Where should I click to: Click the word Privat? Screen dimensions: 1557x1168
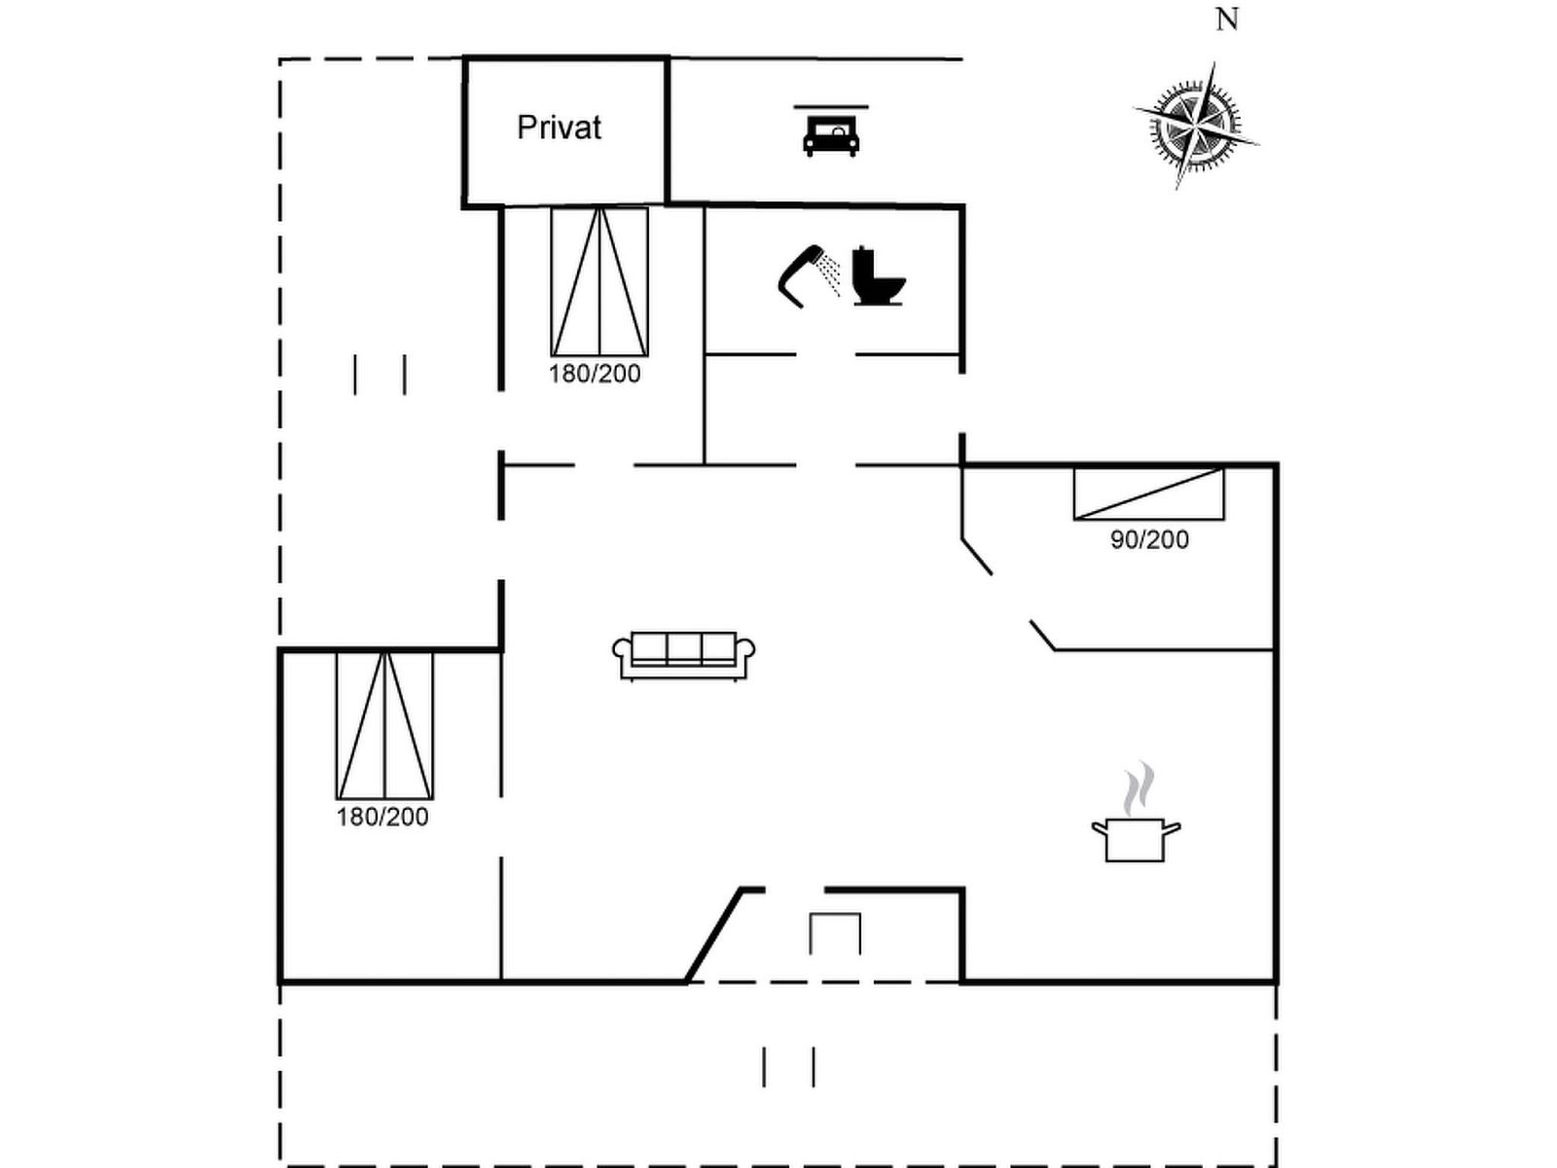tap(559, 128)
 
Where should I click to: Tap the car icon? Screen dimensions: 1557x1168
tap(831, 137)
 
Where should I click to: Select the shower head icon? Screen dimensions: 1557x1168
tap(801, 275)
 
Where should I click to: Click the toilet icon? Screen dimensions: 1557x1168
tap(879, 275)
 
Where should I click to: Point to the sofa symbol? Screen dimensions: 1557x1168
tap(684, 656)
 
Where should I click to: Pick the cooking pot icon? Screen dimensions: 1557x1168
tap(1136, 840)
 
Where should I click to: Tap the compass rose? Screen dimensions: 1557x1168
tap(1196, 128)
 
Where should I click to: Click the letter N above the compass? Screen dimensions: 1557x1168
tap(1227, 19)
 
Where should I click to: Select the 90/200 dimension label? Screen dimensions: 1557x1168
tap(1149, 540)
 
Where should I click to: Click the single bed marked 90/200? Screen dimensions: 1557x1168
tap(1149, 493)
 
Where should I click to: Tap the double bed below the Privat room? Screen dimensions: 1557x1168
tap(599, 281)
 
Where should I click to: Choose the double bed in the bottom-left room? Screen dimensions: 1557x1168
tap(384, 725)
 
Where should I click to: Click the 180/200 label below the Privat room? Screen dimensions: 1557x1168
tap(595, 374)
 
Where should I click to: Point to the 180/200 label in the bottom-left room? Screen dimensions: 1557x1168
tap(382, 817)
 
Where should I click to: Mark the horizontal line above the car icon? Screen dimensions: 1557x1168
tap(831, 107)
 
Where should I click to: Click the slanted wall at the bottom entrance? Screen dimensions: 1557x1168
tap(714, 934)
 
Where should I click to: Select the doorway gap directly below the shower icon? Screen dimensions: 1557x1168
tap(825, 354)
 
